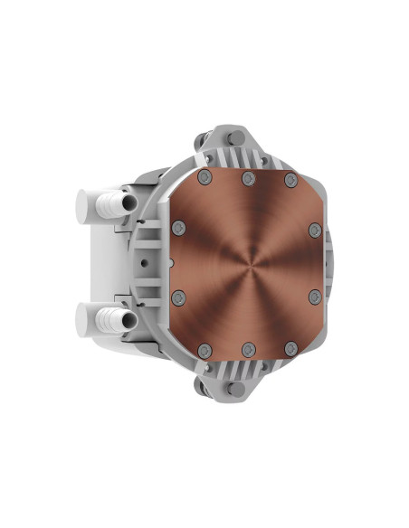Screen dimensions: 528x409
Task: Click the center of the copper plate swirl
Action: click(x=246, y=262)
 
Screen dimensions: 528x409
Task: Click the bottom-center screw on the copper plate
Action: click(x=246, y=347)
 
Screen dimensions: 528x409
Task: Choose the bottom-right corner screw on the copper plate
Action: click(x=290, y=347)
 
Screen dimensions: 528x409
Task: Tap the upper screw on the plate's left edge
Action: click(x=178, y=226)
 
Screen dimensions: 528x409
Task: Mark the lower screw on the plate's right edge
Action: click(x=314, y=296)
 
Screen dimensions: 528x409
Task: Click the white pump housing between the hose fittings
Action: click(x=109, y=262)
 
